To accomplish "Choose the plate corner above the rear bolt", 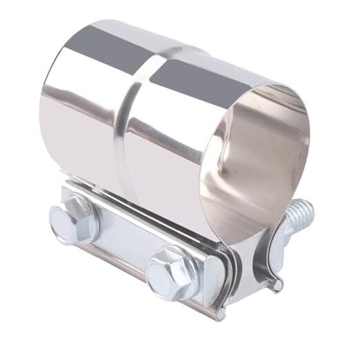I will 69,186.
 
